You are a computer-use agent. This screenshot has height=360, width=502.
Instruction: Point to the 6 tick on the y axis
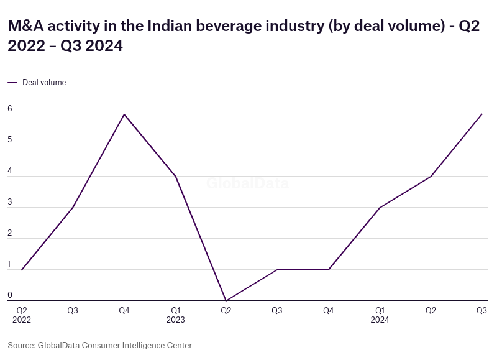tap(10, 109)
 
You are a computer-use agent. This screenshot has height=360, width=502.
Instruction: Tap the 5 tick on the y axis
tap(10, 140)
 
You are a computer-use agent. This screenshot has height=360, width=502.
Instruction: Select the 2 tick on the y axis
tap(10, 233)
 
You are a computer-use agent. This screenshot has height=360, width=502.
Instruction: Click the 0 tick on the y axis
tap(10, 295)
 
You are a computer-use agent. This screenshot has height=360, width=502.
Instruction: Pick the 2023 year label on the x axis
tap(175, 320)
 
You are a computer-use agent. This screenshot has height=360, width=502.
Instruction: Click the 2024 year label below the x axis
tap(380, 320)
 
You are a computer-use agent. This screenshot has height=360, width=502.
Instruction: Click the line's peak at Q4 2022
tap(124, 114)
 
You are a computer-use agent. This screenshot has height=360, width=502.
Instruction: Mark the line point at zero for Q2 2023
tap(226, 300)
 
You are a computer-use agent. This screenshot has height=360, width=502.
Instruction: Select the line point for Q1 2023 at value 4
tap(175, 177)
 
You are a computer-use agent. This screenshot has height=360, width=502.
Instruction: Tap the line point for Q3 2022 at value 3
tap(73, 208)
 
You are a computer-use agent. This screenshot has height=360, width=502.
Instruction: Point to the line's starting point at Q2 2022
tap(22, 270)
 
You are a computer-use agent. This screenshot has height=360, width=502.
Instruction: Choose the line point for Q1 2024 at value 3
tap(380, 208)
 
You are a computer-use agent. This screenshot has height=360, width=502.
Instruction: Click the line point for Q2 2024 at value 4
tap(431, 177)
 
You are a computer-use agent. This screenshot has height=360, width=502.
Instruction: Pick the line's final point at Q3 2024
tap(481, 114)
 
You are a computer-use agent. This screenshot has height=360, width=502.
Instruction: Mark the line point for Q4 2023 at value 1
tap(328, 270)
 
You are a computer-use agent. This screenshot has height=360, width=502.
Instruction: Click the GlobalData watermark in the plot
tap(247, 183)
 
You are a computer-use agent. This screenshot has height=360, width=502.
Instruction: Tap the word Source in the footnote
tap(21, 345)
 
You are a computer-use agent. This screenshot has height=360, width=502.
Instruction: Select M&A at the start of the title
tap(26, 26)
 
